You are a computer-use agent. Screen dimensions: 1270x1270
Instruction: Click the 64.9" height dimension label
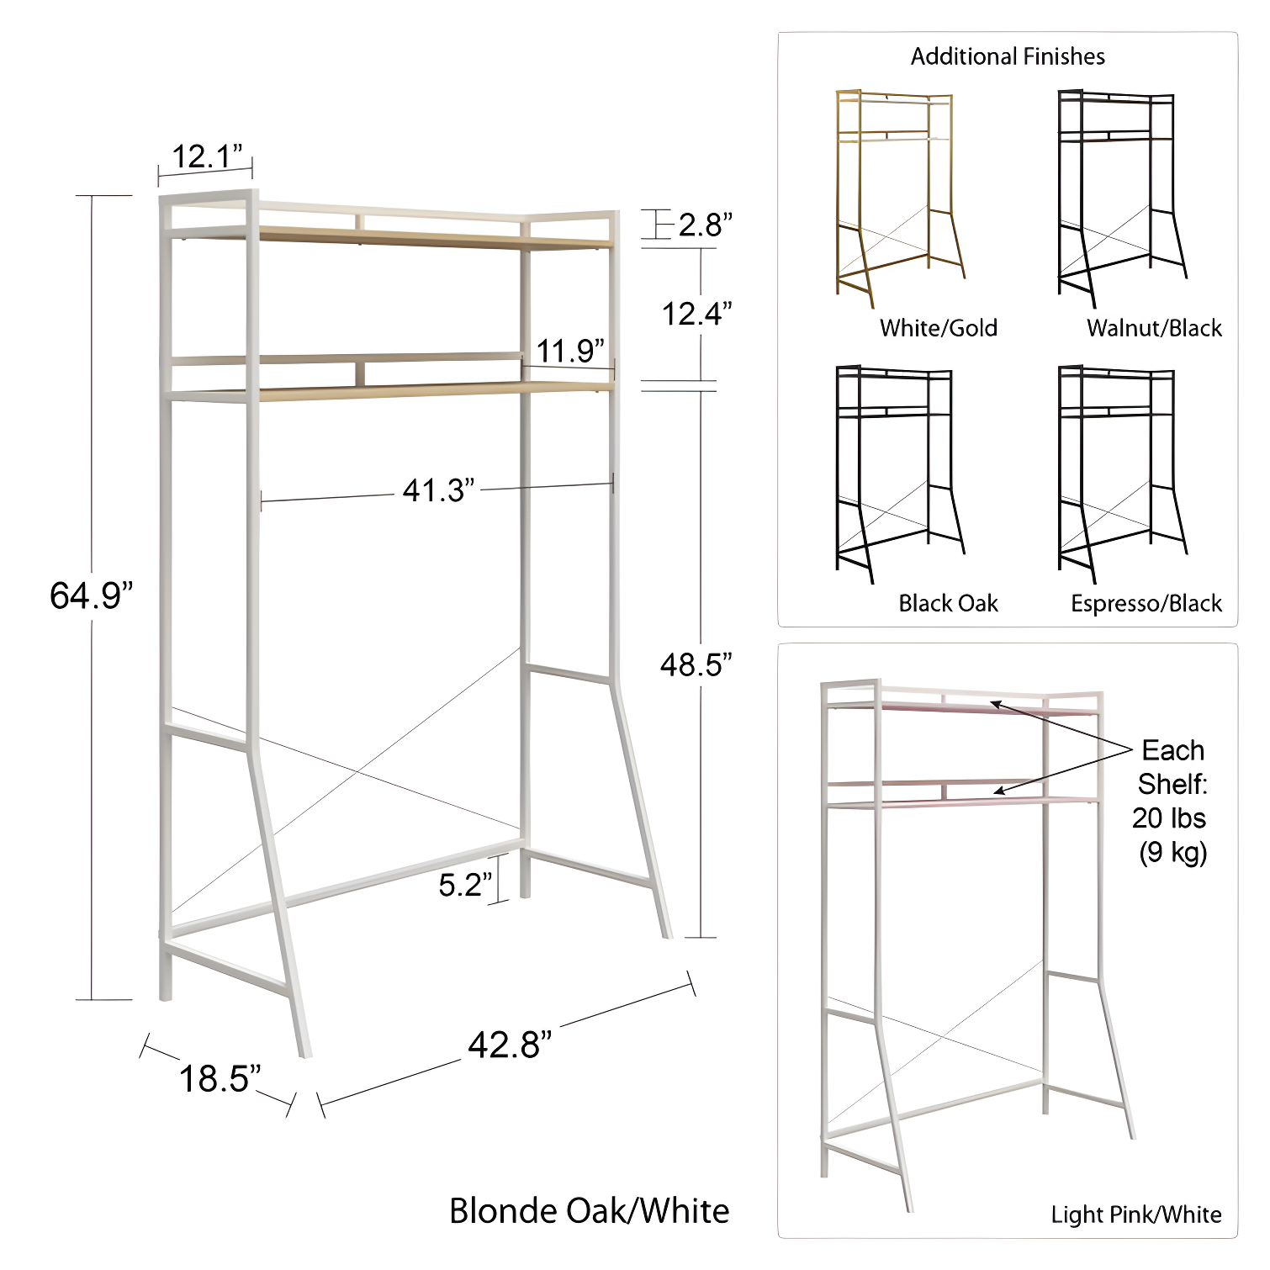91,595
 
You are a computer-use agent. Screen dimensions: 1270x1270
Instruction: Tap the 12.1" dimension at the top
206,156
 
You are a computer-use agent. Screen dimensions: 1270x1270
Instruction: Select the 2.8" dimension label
705,225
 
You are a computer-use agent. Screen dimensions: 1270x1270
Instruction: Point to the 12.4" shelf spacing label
696,315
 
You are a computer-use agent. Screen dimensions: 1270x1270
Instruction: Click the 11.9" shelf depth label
570,351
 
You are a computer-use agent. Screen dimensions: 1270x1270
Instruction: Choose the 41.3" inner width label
438,490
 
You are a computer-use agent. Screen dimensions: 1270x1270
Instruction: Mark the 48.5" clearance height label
696,665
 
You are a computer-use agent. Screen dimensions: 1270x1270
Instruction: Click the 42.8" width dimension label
510,1045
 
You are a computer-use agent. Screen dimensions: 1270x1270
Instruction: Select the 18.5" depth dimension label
220,1079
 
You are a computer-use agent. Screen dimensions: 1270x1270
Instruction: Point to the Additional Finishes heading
1008,56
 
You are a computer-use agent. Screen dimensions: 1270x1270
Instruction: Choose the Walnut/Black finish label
1154,328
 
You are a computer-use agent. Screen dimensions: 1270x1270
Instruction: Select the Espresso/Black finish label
1146,603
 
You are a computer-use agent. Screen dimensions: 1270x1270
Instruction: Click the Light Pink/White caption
1135,1214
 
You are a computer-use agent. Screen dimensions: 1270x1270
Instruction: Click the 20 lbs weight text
1168,818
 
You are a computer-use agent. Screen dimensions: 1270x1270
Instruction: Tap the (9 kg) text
1172,853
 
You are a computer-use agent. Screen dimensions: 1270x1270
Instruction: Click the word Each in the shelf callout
1172,750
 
